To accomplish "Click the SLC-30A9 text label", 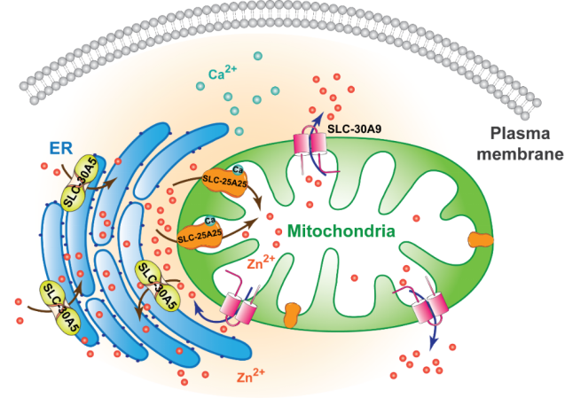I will click(358, 129).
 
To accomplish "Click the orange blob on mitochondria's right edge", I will click(482, 239).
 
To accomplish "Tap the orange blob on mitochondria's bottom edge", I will click(292, 314).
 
